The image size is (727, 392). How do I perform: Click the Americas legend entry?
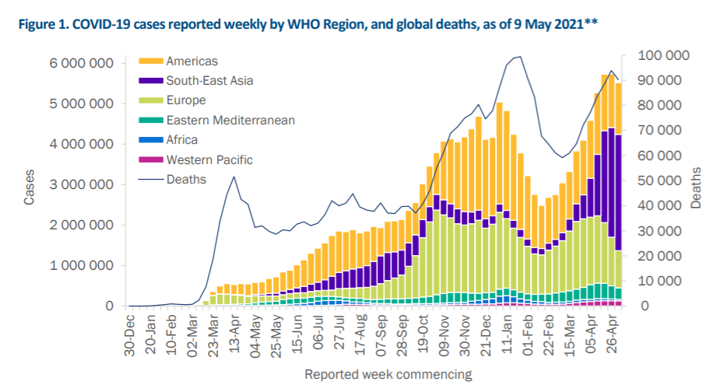coord(192,61)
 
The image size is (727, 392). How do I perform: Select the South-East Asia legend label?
coord(209,80)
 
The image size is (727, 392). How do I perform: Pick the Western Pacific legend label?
coord(209,160)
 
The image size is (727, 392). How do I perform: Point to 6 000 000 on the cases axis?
coord(80,63)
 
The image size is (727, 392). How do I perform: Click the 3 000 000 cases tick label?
coord(80,185)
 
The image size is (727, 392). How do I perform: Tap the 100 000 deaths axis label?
coord(663,55)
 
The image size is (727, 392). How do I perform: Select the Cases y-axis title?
coord(30,188)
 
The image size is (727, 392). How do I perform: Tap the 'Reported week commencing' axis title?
coord(388,374)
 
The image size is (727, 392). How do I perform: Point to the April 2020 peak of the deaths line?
coord(234,177)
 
